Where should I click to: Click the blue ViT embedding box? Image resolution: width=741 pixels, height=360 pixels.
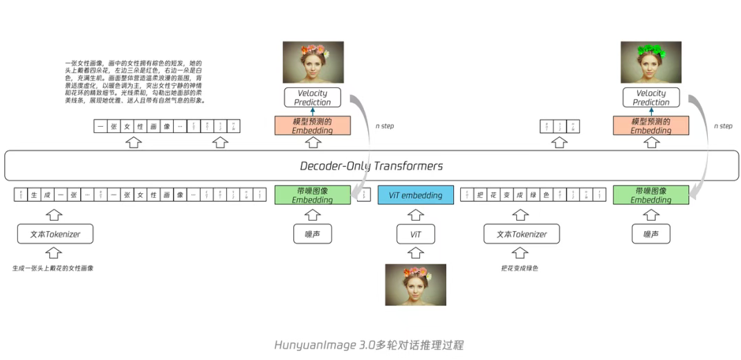coord(415,195)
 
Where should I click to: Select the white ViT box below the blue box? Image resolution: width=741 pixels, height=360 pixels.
coord(415,234)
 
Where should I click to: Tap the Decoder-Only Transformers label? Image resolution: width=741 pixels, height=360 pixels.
coord(371,166)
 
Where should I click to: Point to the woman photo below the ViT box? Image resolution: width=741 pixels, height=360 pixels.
coord(415,285)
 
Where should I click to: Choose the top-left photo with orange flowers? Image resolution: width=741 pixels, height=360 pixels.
coord(312,63)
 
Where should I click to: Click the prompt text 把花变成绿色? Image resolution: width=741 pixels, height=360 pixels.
coord(520,268)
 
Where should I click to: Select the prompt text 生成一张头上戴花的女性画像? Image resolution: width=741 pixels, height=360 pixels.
coord(53,268)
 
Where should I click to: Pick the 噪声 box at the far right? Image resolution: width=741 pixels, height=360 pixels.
coord(651,234)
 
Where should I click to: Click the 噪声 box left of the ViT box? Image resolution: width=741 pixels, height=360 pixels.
coord(312,234)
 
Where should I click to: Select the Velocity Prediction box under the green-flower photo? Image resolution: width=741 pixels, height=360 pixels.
coord(651,98)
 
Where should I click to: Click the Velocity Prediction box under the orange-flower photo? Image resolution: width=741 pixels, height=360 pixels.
coord(312,98)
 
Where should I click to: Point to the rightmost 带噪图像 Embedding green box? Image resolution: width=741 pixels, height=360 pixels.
coord(651,195)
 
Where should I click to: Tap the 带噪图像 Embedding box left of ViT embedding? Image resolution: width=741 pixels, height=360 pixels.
coord(312,195)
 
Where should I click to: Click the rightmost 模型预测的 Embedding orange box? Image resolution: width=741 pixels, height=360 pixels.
coord(651,125)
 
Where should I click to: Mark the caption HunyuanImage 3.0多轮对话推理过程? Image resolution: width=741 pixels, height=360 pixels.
coord(369,345)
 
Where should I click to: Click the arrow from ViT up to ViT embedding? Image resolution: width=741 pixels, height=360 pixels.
coord(415,215)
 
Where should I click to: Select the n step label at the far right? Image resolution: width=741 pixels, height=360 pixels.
coord(722,126)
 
